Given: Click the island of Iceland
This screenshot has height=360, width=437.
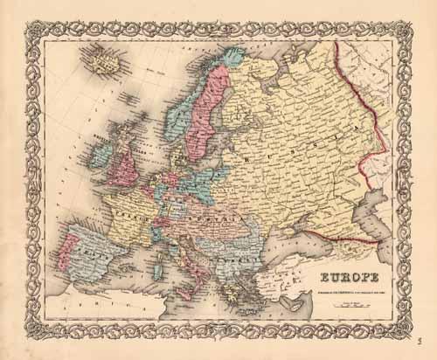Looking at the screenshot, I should click(101, 60).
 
